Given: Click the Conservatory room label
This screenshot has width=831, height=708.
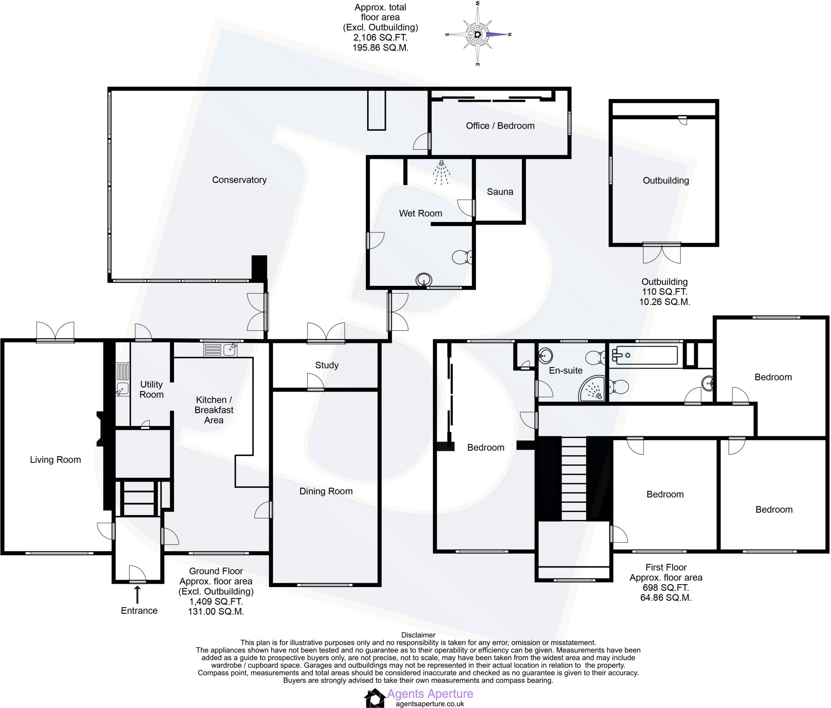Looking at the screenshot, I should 239,180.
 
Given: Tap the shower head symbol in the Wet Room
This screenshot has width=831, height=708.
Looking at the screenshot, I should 441,172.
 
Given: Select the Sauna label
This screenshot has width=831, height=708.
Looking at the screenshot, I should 500,192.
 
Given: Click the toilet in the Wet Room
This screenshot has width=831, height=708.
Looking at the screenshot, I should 462,257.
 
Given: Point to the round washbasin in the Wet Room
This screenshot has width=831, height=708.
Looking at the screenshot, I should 424,280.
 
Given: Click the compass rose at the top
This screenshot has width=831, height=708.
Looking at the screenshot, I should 478,34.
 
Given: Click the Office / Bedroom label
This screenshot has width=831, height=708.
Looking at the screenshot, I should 500,126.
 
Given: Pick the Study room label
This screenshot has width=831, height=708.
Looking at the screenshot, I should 327,365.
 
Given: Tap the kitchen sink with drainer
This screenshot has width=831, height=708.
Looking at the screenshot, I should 220,350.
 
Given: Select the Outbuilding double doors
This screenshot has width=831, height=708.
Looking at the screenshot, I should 662,253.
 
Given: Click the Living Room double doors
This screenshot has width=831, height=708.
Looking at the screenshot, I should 55,332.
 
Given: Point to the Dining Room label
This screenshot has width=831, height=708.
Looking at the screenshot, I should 326,491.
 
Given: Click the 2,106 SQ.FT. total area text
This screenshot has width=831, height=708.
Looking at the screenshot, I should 380,37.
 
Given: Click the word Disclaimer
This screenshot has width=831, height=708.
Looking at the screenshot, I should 418,635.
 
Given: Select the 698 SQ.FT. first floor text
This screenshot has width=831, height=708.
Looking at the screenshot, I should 665,587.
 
